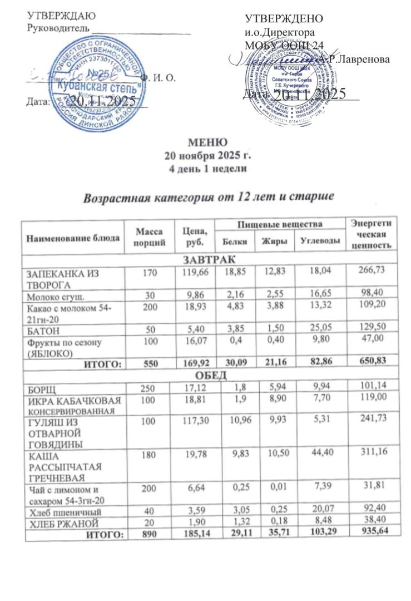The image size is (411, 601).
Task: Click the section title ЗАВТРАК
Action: click(209, 259)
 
